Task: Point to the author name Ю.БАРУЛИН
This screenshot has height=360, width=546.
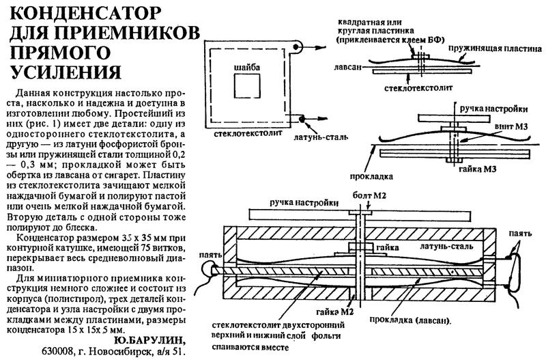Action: [x=146, y=340]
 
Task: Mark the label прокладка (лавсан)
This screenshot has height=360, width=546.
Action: [x=411, y=320]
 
